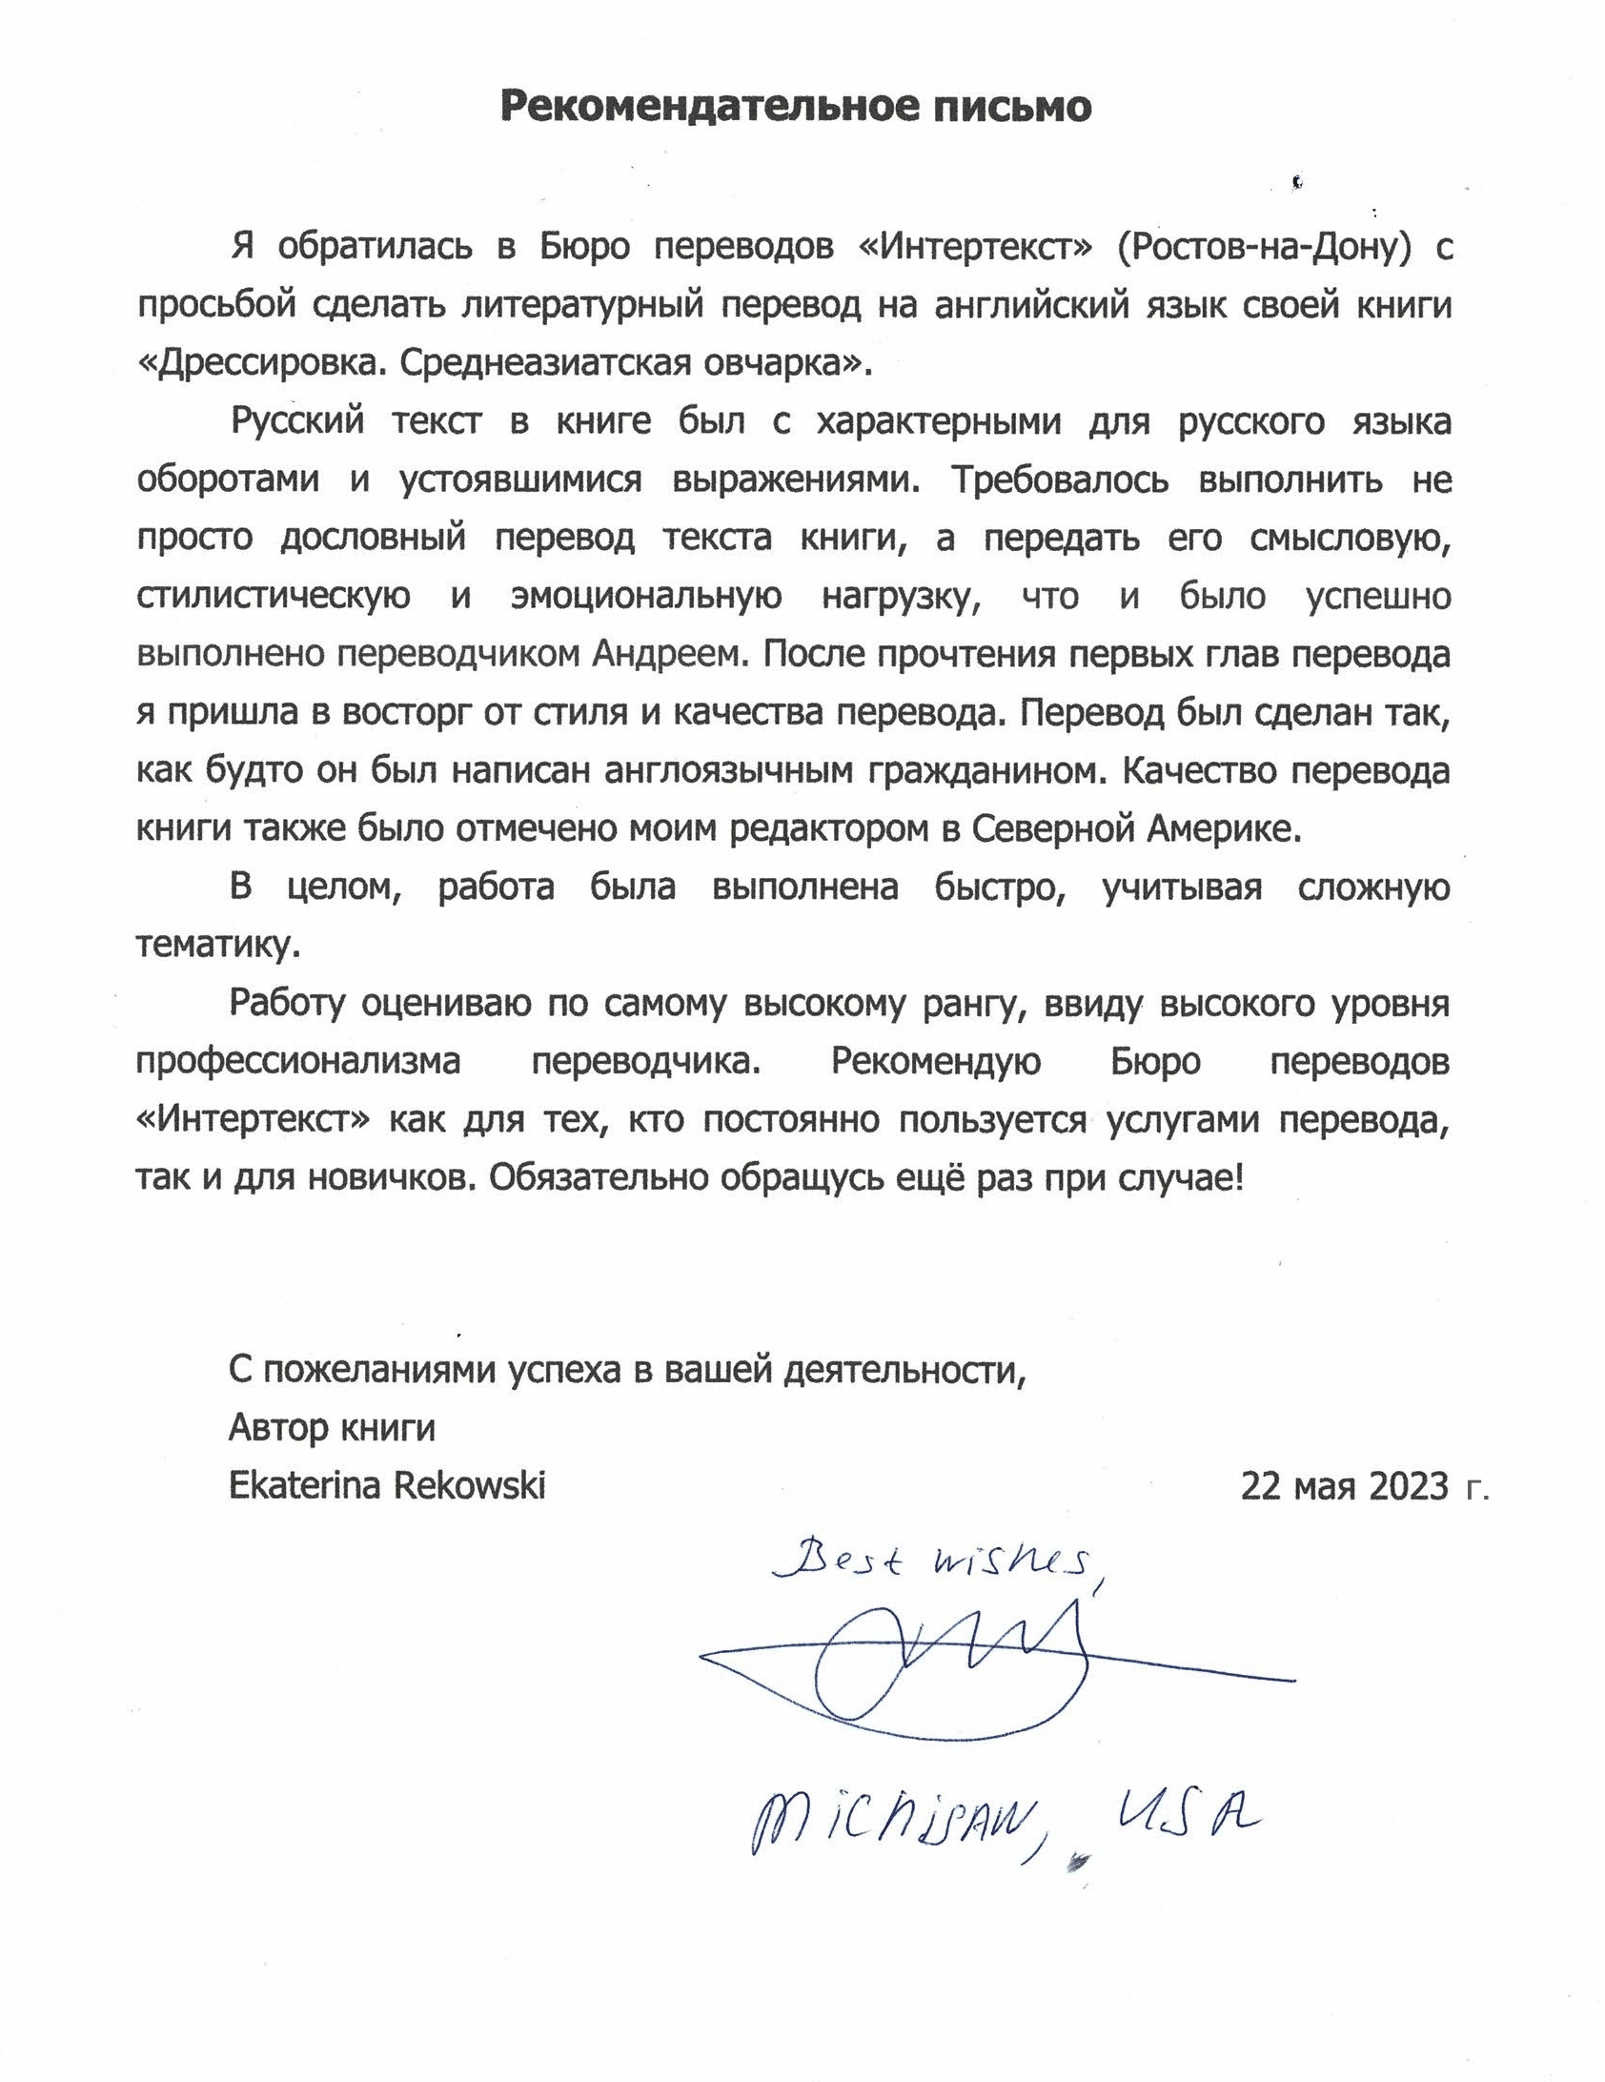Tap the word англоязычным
coord(729,770)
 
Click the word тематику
coord(218,945)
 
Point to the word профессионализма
coord(298,1061)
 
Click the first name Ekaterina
coord(304,1485)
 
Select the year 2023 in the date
coord(1408,1486)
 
